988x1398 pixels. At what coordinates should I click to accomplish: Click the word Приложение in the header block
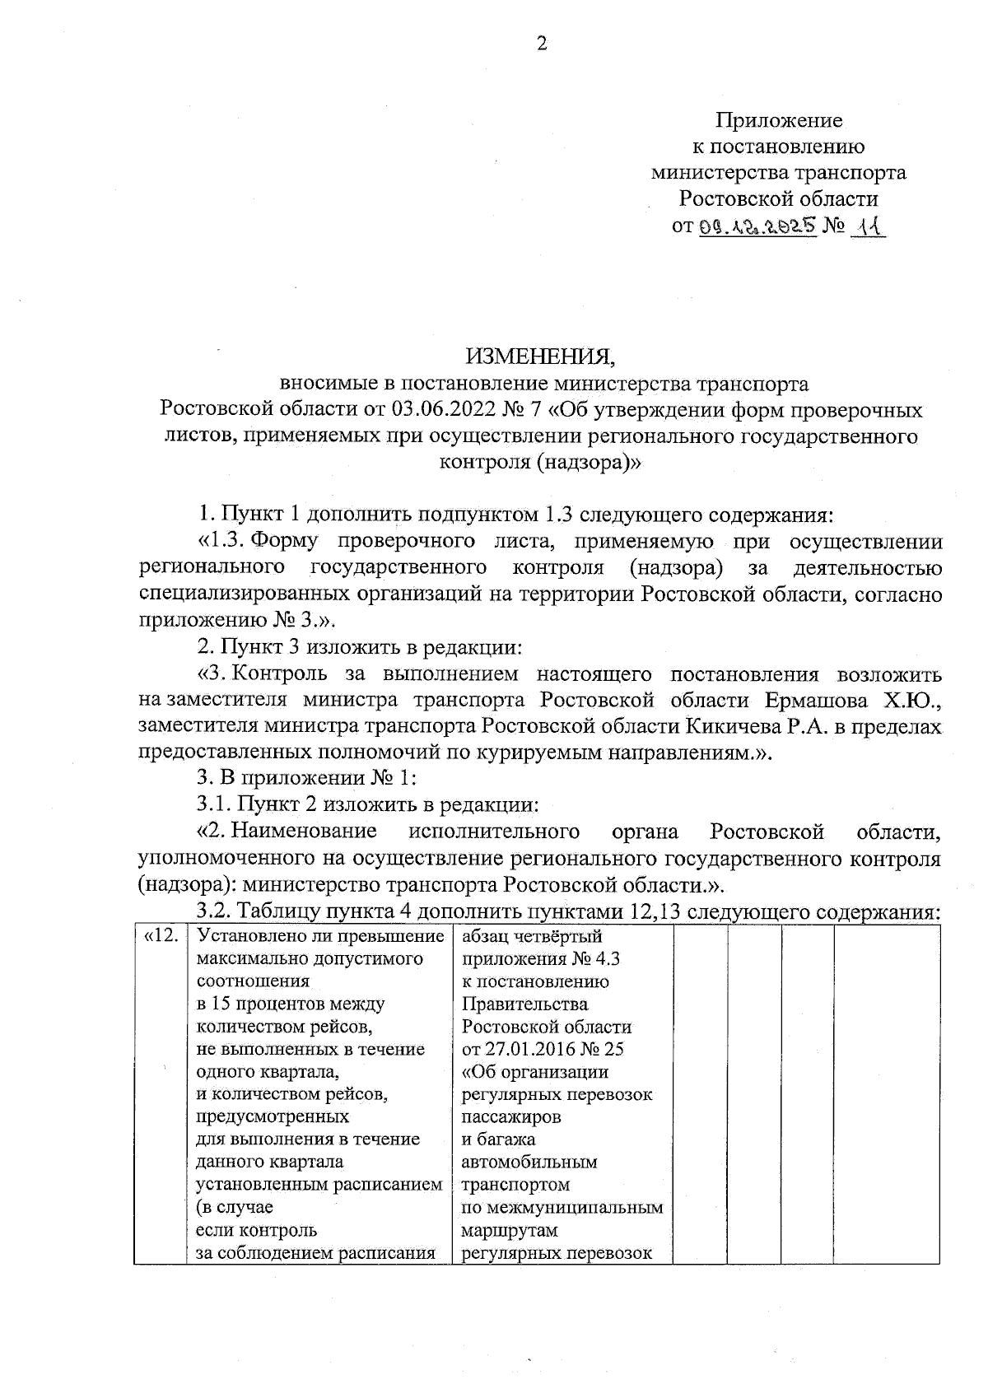point(778,121)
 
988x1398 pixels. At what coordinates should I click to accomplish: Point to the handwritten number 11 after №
point(865,225)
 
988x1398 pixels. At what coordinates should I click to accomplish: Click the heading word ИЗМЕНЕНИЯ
point(540,356)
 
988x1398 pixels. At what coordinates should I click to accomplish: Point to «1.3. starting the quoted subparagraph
point(221,542)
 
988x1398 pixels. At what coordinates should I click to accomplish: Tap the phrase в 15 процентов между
point(291,1004)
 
